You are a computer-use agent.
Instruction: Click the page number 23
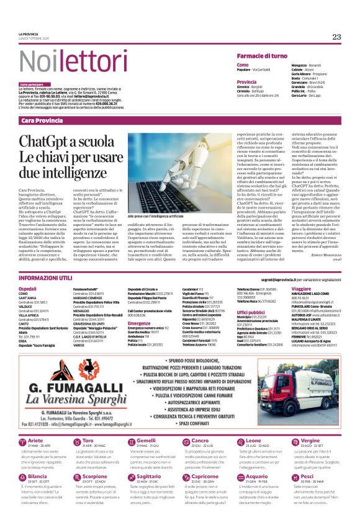(x=336, y=37)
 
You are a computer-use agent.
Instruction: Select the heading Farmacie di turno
(x=262, y=56)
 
